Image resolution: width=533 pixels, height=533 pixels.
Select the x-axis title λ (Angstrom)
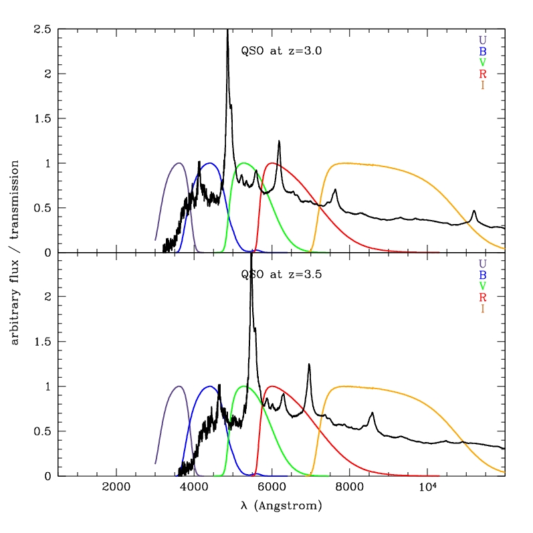click(281, 506)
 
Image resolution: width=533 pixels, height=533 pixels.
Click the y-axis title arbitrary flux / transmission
click(15, 253)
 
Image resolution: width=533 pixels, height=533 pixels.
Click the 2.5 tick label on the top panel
click(43, 29)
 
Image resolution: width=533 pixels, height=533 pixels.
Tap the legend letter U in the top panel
click(483, 39)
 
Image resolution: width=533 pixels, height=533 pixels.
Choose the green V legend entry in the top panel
click(483, 62)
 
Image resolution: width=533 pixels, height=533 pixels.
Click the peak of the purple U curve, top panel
click(179, 163)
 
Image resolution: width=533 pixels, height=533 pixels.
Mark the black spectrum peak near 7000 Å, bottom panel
click(309, 364)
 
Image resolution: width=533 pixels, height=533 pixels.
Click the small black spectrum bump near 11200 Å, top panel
click(474, 211)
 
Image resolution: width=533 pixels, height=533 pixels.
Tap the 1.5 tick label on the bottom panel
click(43, 342)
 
